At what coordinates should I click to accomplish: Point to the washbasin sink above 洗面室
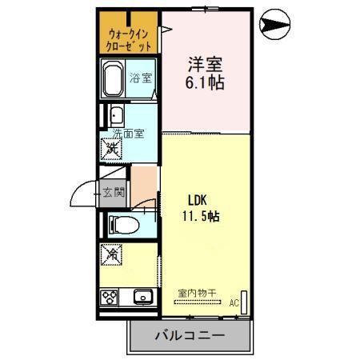pyautogui.click(x=115, y=114)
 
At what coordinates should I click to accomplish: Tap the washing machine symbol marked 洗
pyautogui.click(x=111, y=147)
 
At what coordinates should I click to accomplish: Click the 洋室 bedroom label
pyautogui.click(x=203, y=63)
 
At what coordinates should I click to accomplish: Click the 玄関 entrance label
pyautogui.click(x=113, y=192)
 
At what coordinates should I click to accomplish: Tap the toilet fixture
pyautogui.click(x=121, y=224)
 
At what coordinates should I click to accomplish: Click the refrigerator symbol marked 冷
pyautogui.click(x=112, y=255)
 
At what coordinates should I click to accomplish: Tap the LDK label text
pyautogui.click(x=199, y=199)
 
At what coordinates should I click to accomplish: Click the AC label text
pyautogui.click(x=234, y=303)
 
